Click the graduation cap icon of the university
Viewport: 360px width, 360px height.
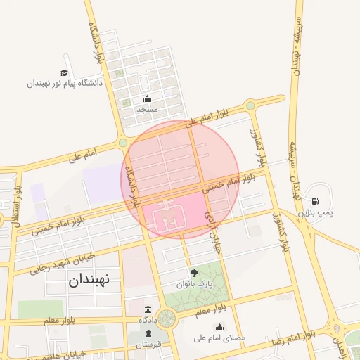tap(64, 73)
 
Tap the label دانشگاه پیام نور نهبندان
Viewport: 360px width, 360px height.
tap(65, 83)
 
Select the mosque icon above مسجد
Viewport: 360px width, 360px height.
tap(147, 99)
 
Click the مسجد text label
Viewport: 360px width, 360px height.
tap(147, 110)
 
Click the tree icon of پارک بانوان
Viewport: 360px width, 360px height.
tap(194, 273)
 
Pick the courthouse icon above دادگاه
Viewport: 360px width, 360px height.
tap(148, 309)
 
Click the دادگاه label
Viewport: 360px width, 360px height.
tap(148, 320)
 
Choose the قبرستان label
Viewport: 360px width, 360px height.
tap(148, 344)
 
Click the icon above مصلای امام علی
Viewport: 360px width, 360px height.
tap(220, 327)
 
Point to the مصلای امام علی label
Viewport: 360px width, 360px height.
tap(220, 337)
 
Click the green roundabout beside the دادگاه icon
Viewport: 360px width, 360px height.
tap(167, 319)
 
